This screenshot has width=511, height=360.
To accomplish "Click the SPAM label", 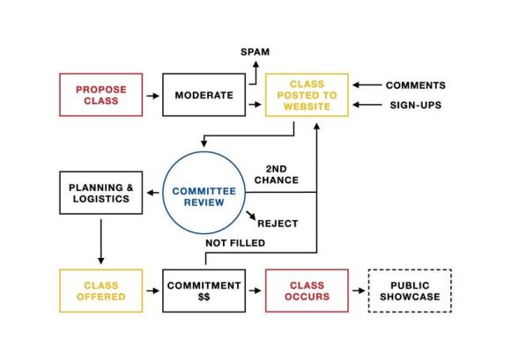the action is pos(255,52).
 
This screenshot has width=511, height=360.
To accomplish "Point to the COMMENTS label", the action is pos(416,85).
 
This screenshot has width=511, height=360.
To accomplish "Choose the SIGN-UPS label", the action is pos(416,105).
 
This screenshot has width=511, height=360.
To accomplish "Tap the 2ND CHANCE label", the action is pos(277,174).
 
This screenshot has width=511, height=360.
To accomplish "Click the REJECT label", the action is pos(278,224).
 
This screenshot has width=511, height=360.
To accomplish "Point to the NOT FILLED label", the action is pos(235,243).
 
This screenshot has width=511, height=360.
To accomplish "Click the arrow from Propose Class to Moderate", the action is pos(152,96).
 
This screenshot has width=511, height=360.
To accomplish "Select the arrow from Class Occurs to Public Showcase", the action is pos(359,290).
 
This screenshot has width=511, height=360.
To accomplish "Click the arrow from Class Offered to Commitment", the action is pos(152,290).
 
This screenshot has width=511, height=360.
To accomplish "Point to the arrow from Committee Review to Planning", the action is pos(152,193).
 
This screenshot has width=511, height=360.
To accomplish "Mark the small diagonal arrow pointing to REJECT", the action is pos(251,215).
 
